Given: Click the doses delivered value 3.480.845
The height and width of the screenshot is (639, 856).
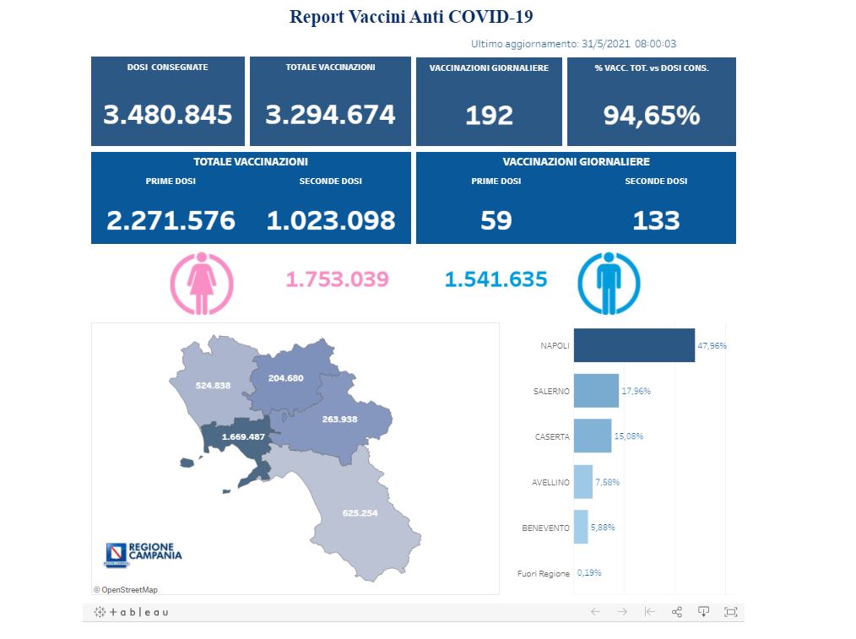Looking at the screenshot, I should pyautogui.click(x=167, y=115).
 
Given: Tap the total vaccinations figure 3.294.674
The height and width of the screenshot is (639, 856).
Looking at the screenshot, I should pyautogui.click(x=330, y=115).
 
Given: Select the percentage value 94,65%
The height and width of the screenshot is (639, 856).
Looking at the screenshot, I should pyautogui.click(x=651, y=115).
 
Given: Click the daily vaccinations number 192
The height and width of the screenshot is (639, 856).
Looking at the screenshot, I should pyautogui.click(x=490, y=115).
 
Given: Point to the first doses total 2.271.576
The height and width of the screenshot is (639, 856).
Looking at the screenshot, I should pyautogui.click(x=171, y=220).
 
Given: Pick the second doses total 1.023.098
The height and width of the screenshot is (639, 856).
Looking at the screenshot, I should pyautogui.click(x=330, y=220).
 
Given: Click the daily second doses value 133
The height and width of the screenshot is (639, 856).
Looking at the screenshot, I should pyautogui.click(x=656, y=220).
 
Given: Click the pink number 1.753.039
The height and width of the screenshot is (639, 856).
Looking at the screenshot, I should pyautogui.click(x=337, y=279).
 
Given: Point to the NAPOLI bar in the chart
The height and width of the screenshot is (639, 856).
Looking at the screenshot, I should pyautogui.click(x=634, y=345).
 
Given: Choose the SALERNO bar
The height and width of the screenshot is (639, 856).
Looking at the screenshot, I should pyautogui.click(x=596, y=391).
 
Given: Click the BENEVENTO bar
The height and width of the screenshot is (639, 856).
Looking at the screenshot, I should pyautogui.click(x=581, y=527).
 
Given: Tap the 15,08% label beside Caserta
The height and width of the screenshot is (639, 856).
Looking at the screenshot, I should pyautogui.click(x=628, y=436).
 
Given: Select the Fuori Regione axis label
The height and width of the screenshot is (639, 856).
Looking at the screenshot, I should pyautogui.click(x=543, y=573).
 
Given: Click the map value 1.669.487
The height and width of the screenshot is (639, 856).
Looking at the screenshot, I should pyautogui.click(x=244, y=437).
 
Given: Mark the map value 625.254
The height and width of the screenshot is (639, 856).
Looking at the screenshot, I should pyautogui.click(x=360, y=513).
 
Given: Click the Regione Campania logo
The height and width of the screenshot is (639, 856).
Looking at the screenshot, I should pyautogui.click(x=143, y=553).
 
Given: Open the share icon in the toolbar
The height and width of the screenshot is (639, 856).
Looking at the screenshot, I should pyautogui.click(x=676, y=612).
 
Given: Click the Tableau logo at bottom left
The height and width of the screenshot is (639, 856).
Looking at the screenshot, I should pyautogui.click(x=131, y=612).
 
